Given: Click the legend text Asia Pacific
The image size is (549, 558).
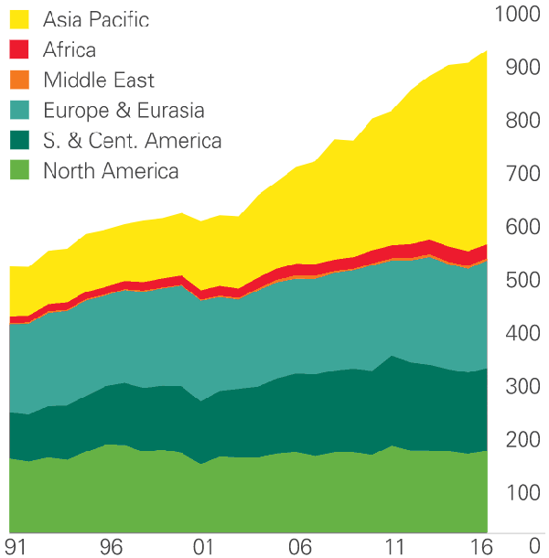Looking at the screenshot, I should pos(95,19).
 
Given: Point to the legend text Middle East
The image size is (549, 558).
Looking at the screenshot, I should pos(99,80).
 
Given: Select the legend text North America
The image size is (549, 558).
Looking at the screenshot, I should pos(111,171).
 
